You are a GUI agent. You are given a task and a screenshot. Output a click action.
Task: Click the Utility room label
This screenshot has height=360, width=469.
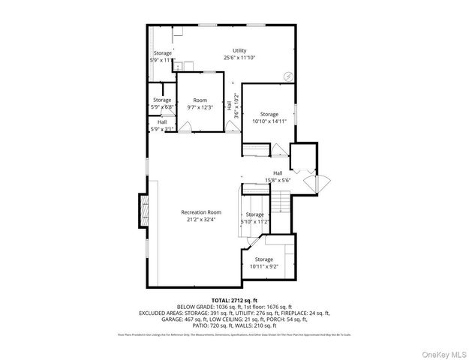tap(239, 51)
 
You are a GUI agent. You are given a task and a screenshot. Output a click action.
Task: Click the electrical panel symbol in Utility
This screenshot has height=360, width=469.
tap(287, 76)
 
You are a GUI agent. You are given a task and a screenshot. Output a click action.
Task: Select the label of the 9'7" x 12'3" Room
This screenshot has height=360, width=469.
tap(200, 100)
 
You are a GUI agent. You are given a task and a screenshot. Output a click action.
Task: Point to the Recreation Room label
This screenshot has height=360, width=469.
tap(201, 212)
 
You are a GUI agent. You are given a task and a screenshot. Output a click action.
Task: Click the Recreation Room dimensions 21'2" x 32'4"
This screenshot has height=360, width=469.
tap(201, 220)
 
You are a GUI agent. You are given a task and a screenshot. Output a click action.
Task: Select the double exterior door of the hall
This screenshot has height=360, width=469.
tap(311, 182)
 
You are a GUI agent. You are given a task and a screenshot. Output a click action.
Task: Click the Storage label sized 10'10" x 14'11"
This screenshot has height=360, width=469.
tap(269, 114)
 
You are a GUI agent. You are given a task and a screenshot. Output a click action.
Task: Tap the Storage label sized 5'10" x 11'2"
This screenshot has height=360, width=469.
tap(254, 214)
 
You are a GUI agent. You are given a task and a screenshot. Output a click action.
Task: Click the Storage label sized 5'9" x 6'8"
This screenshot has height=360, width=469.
tap(162, 100)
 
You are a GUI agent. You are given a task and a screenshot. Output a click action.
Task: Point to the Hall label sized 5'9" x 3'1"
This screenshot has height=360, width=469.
tap(162, 121)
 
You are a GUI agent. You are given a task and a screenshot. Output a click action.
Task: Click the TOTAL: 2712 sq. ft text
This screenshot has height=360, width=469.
tap(234, 298)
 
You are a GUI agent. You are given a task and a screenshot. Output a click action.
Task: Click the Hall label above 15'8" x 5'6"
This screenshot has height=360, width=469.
tap(278, 173)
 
